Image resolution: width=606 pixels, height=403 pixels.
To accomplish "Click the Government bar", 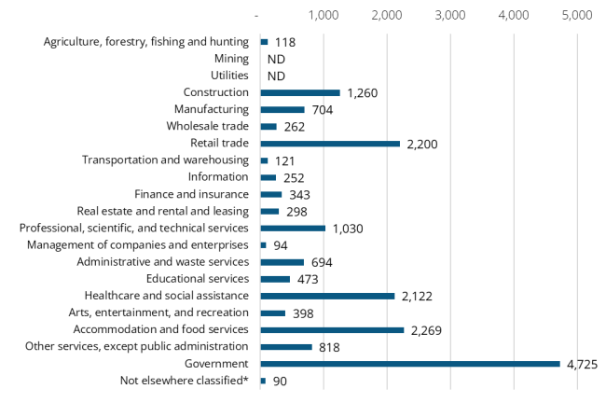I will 410,364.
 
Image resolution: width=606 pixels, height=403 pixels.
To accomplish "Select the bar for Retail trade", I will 330,144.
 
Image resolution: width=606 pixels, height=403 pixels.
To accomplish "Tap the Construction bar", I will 300,92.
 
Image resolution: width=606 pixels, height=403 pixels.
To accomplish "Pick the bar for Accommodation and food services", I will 332,329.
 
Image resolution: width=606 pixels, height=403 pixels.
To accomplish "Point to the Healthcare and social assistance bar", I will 327,296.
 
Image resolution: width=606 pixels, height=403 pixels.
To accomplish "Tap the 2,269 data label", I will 430,329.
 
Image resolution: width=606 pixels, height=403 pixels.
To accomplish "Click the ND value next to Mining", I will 276,59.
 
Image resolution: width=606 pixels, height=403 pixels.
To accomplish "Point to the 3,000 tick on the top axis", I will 450,16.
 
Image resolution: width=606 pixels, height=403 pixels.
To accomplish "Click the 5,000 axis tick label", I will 577,16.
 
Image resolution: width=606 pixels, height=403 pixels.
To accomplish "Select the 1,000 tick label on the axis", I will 324,16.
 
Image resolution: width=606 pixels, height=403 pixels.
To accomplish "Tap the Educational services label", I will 198,279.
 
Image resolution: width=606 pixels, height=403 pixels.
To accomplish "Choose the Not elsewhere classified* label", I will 185,381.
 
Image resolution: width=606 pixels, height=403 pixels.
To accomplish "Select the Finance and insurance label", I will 191,194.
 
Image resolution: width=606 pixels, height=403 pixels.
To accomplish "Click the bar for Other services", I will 286,347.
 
